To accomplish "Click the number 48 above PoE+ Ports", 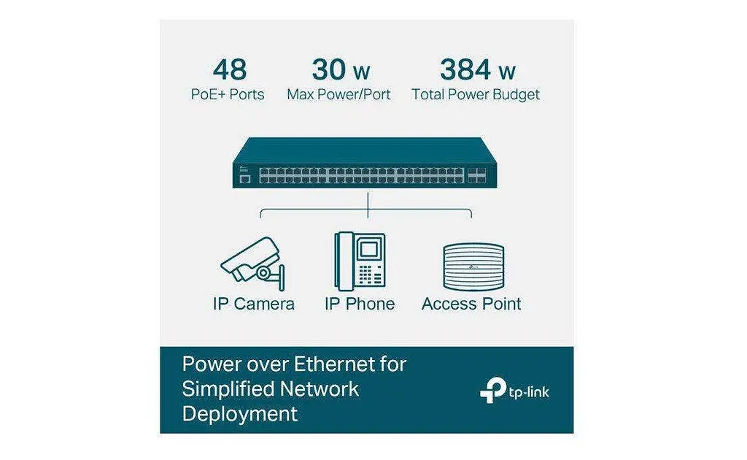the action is [x=230, y=69].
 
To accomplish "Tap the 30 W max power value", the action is [x=341, y=69].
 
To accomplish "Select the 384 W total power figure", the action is [x=477, y=69].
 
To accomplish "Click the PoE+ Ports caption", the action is [x=228, y=94].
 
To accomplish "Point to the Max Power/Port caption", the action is [x=338, y=94].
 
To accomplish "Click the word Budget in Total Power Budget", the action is [x=516, y=95].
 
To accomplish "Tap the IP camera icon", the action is [x=253, y=264].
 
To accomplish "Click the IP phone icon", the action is [x=360, y=261].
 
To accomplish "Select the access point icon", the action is [x=473, y=267].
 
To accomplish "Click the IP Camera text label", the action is [x=253, y=304].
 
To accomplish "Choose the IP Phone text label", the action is [x=360, y=304].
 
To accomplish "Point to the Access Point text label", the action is [x=471, y=304].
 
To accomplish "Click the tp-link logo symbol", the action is [x=492, y=390].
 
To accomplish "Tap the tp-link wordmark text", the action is [x=529, y=392].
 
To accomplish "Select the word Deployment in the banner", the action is [x=239, y=413].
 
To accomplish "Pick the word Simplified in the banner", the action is [x=228, y=389].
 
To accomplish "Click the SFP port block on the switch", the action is [x=477, y=175].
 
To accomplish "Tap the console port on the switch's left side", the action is [x=245, y=179].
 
